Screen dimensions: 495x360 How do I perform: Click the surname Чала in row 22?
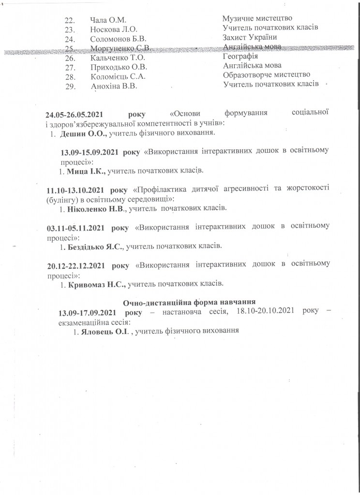99,20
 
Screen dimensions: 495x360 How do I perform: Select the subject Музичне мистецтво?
257,19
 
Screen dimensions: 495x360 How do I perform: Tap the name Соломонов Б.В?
119,38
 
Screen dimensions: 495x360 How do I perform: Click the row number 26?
71,58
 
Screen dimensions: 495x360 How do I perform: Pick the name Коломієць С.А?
119,76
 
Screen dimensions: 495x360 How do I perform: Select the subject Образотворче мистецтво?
267,75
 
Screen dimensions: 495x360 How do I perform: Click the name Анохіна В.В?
114,86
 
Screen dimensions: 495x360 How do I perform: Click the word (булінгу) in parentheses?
65,199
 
